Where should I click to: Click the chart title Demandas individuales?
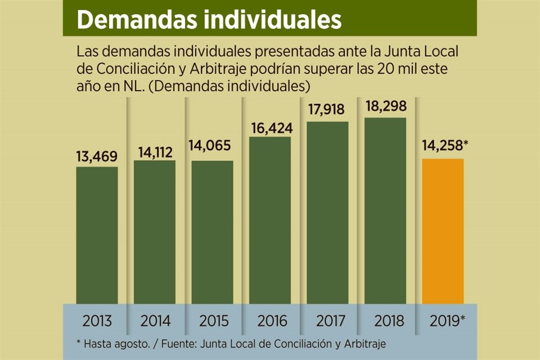[209, 20]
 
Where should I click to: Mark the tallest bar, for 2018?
[385, 210]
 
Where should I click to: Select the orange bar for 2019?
[443, 231]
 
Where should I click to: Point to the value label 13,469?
[97, 157]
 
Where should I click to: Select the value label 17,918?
[327, 110]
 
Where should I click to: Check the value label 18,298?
[385, 106]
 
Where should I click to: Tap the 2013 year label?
[97, 321]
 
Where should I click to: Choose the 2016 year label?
[270, 321]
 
